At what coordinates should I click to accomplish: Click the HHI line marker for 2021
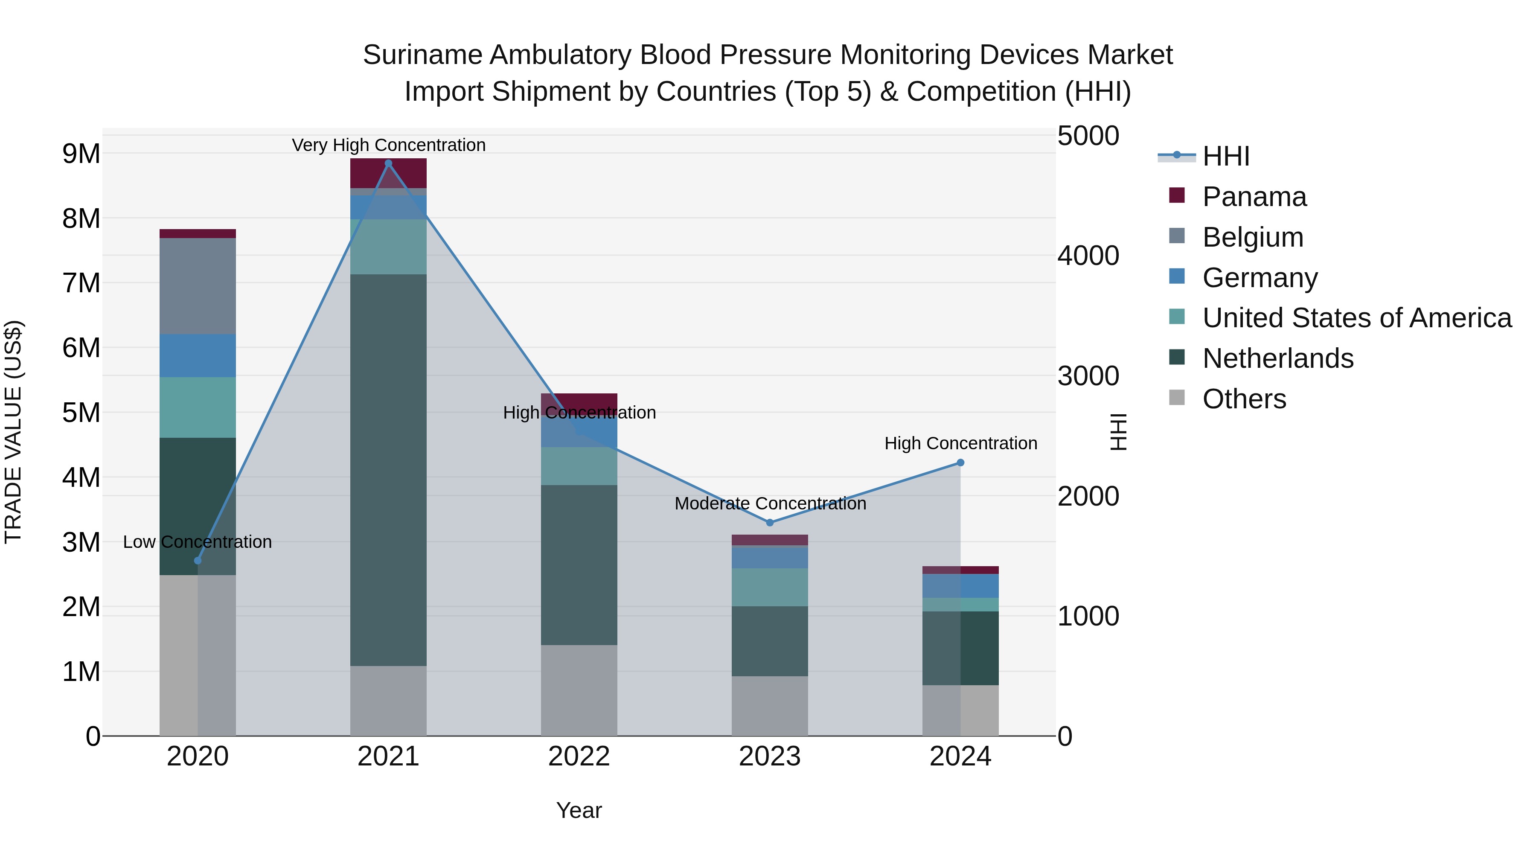click(388, 163)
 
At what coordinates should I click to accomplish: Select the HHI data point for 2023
click(770, 522)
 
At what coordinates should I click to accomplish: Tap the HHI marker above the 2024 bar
click(960, 463)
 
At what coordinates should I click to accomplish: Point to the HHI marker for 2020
click(198, 561)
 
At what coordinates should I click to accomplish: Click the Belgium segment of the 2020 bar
click(198, 286)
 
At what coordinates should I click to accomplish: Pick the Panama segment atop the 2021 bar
click(388, 173)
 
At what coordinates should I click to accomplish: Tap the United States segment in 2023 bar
click(770, 588)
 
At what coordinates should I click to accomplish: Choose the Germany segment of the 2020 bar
click(198, 355)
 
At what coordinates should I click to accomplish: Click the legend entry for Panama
click(1254, 197)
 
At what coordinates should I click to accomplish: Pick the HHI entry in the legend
click(1226, 156)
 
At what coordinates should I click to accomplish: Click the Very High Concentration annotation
click(389, 145)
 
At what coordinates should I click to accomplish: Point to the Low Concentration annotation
click(198, 542)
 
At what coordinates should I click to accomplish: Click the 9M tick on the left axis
click(81, 154)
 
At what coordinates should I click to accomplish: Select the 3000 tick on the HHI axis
click(1088, 376)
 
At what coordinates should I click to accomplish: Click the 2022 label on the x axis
click(579, 756)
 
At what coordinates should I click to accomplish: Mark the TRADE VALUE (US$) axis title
click(13, 432)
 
